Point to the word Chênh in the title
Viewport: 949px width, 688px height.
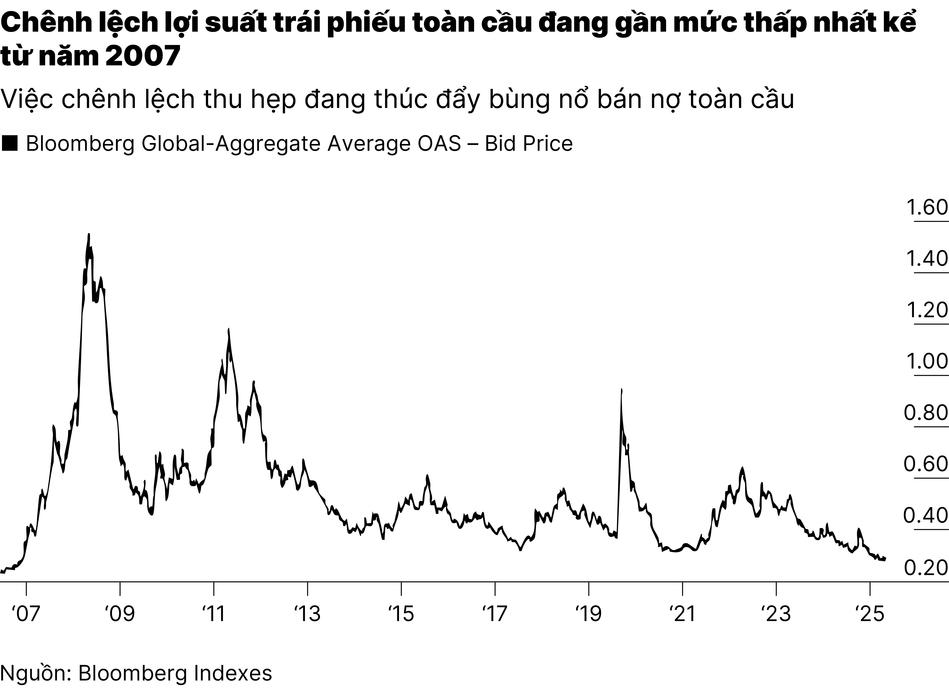tap(41, 24)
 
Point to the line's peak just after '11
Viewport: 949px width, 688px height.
tap(228, 329)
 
